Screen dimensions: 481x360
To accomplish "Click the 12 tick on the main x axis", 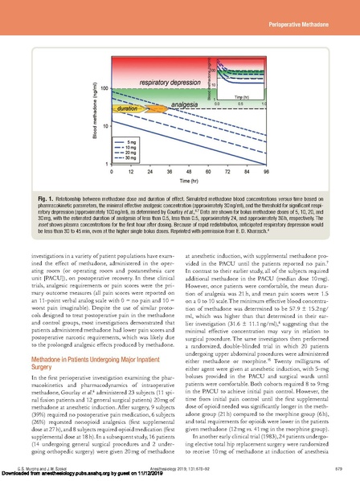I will tap(115, 171).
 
